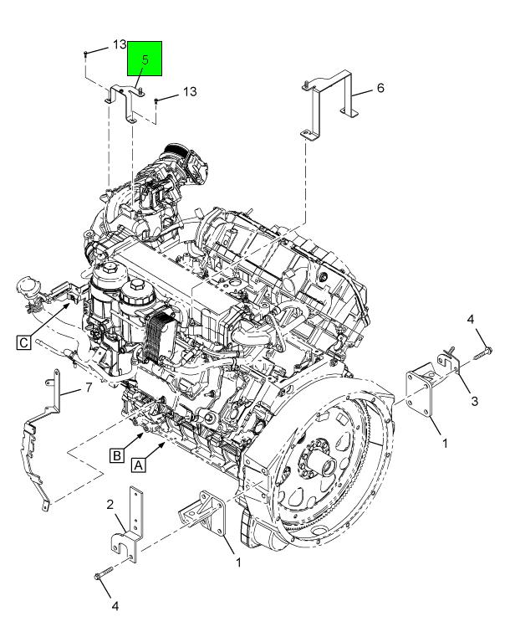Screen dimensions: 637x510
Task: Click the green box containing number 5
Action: point(145,59)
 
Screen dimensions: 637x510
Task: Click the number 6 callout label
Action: point(380,88)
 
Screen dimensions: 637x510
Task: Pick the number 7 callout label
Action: point(86,388)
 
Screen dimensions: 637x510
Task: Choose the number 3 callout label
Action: point(473,402)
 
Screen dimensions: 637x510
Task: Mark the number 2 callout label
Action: point(110,504)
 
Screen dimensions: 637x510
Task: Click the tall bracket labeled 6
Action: point(330,105)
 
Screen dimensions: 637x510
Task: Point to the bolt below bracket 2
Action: point(105,575)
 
